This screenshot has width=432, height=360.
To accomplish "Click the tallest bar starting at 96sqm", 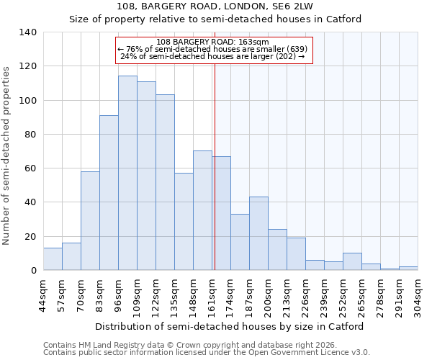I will [127, 173].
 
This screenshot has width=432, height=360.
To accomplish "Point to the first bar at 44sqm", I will [53, 259].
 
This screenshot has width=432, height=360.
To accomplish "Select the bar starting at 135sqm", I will [184, 221].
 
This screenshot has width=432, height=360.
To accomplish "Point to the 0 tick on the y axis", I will [33, 271].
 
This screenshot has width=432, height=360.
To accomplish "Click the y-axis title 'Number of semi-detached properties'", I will [6, 155].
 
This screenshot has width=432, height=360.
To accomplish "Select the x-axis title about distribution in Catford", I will [229, 326].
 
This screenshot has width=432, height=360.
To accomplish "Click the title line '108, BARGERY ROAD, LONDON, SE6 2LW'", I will [215, 6].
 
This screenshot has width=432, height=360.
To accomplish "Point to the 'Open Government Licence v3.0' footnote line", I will [207, 353].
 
